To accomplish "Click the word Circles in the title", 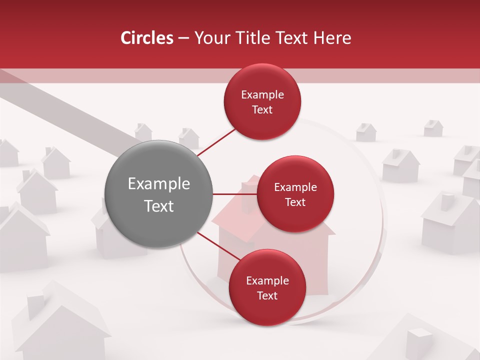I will pyautogui.click(x=146, y=38).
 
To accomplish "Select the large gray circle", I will pyautogui.click(x=158, y=194).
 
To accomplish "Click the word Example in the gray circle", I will pyautogui.click(x=158, y=184).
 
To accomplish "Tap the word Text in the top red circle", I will pyautogui.click(x=262, y=109).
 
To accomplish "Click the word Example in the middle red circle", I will pyautogui.click(x=295, y=187).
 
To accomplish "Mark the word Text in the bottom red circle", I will pyautogui.click(x=267, y=295).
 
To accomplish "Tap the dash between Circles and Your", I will pyautogui.click(x=183, y=38).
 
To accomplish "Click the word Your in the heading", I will pyautogui.click(x=209, y=38).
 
